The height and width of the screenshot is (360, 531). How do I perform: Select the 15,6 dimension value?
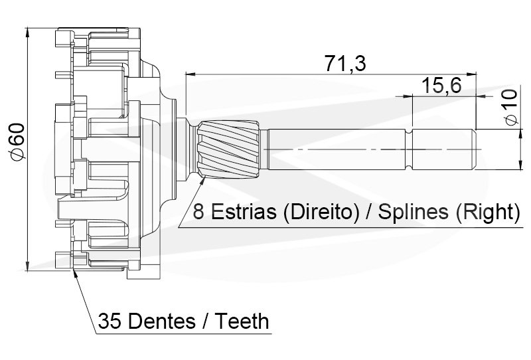coord(440,86)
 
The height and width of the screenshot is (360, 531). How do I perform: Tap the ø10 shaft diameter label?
coord(509,108)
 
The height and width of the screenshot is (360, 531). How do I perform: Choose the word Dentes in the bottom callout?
coord(160,322)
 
